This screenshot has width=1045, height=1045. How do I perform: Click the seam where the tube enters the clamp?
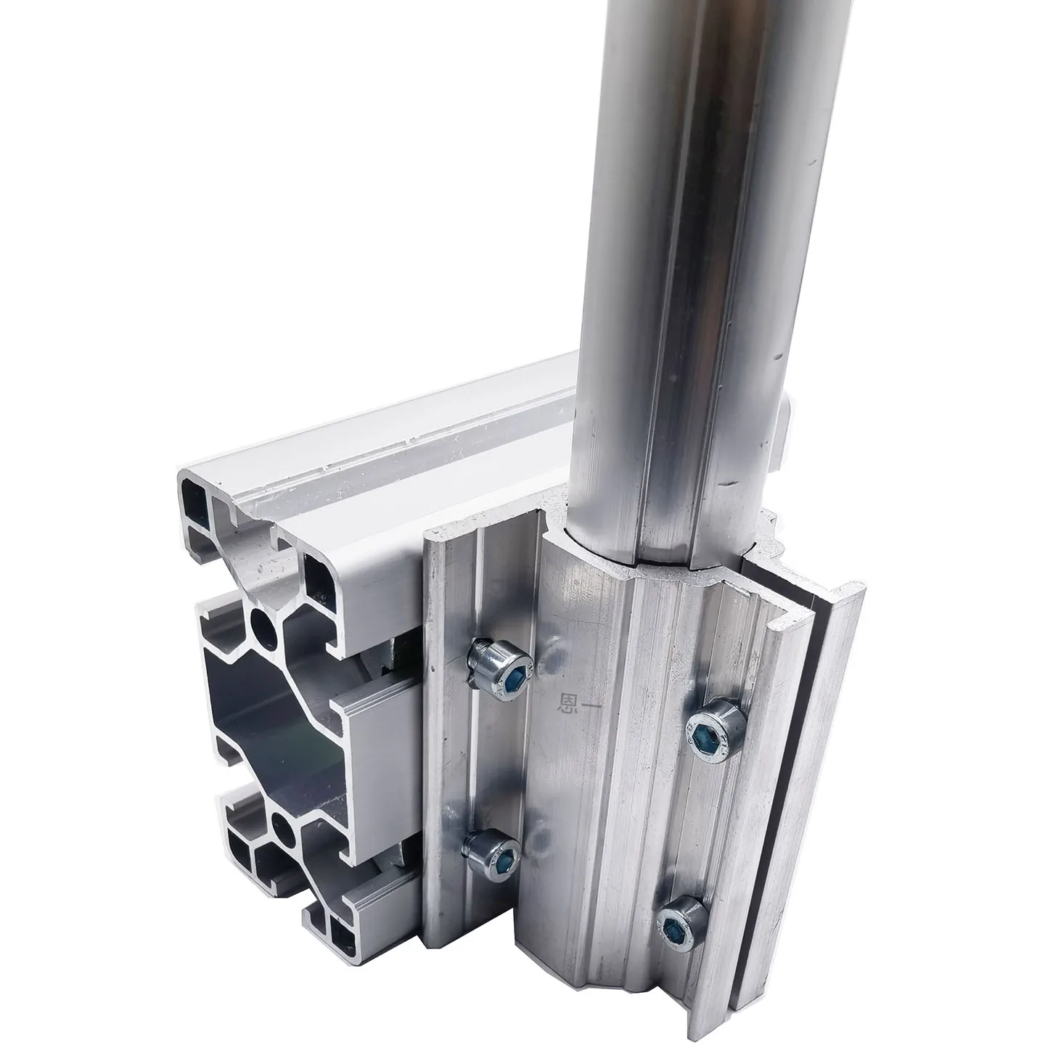[x=653, y=559]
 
